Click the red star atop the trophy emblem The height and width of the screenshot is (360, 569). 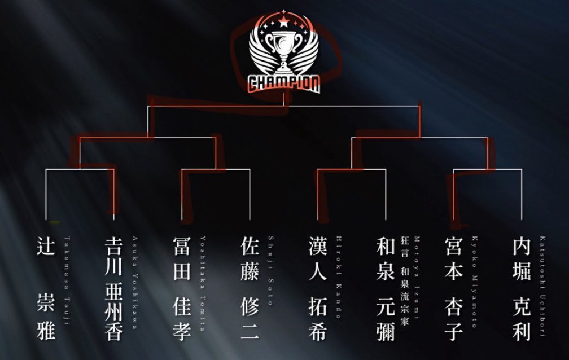(x=284, y=23)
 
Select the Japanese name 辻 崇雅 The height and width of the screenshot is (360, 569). (x=46, y=288)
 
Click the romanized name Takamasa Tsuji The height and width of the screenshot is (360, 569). (x=67, y=280)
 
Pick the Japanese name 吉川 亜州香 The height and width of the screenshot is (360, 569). (x=113, y=288)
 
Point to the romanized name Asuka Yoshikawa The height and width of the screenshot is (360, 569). (x=135, y=282)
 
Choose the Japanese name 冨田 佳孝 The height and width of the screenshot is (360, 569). (x=182, y=288)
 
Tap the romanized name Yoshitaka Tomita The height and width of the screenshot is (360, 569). (x=203, y=283)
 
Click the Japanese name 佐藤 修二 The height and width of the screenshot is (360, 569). (x=250, y=288)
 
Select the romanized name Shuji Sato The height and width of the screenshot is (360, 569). (x=271, y=270)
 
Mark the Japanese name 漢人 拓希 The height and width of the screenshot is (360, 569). (x=318, y=288)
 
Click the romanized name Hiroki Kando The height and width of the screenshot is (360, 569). (x=339, y=277)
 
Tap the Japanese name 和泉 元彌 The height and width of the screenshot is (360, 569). (x=386, y=288)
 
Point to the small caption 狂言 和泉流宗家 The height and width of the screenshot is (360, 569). (x=405, y=280)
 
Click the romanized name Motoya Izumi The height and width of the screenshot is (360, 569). (x=417, y=278)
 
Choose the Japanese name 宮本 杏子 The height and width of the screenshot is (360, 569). (x=454, y=288)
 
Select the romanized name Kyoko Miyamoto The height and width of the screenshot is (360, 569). (x=475, y=282)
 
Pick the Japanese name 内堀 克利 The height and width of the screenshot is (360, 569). (x=522, y=288)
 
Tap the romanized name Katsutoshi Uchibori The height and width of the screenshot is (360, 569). (x=542, y=286)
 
